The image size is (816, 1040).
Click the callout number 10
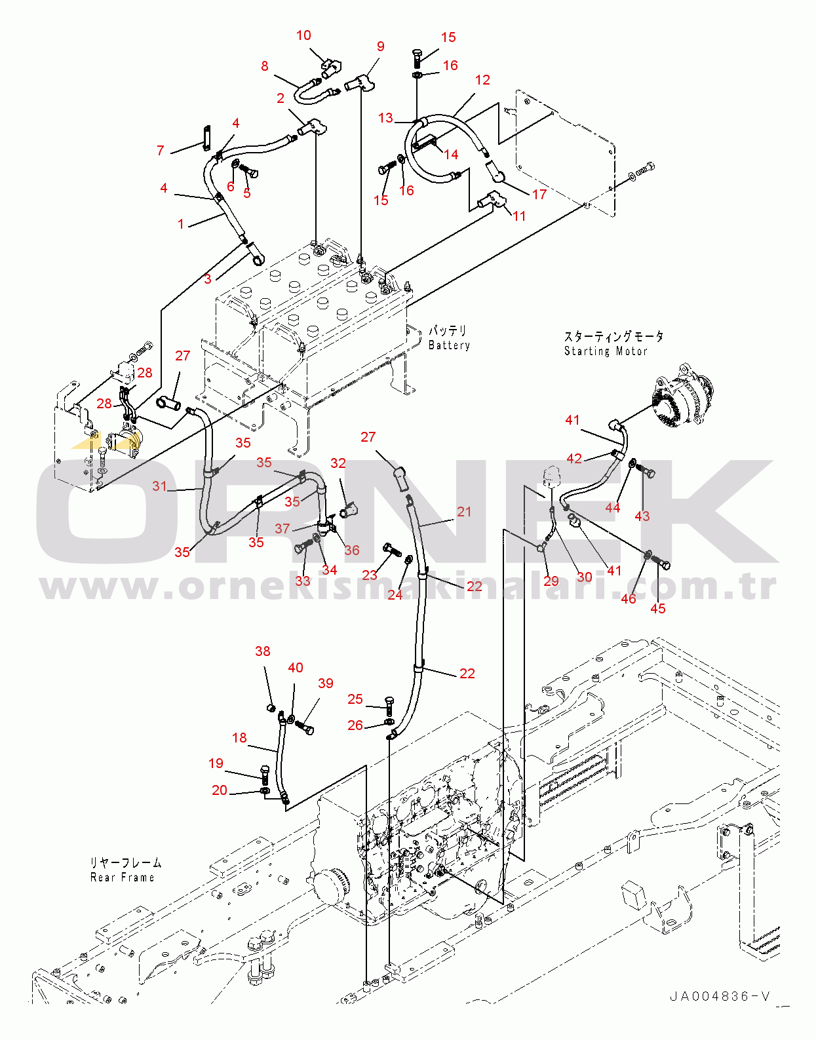[x=303, y=35]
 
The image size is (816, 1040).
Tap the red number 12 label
[x=482, y=80]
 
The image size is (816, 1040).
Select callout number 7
[x=161, y=151]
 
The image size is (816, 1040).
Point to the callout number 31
[x=160, y=486]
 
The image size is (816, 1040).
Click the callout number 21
[x=464, y=512]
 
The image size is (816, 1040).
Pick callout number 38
[x=262, y=651]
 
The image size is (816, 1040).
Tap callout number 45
[x=658, y=609]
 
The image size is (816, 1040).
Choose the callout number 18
[x=239, y=738]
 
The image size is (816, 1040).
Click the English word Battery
[x=449, y=345]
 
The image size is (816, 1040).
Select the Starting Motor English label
[x=606, y=351]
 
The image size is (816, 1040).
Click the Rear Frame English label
[x=123, y=877]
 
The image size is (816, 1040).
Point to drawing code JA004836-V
[x=720, y=997]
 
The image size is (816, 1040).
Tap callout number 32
[x=338, y=463]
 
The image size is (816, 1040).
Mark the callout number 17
[x=539, y=195]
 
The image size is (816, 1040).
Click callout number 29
[x=551, y=581]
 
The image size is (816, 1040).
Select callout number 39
[x=326, y=684]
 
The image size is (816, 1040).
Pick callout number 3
[x=208, y=279]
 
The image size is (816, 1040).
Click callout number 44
[x=613, y=508]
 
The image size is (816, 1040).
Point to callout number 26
[x=355, y=725]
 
